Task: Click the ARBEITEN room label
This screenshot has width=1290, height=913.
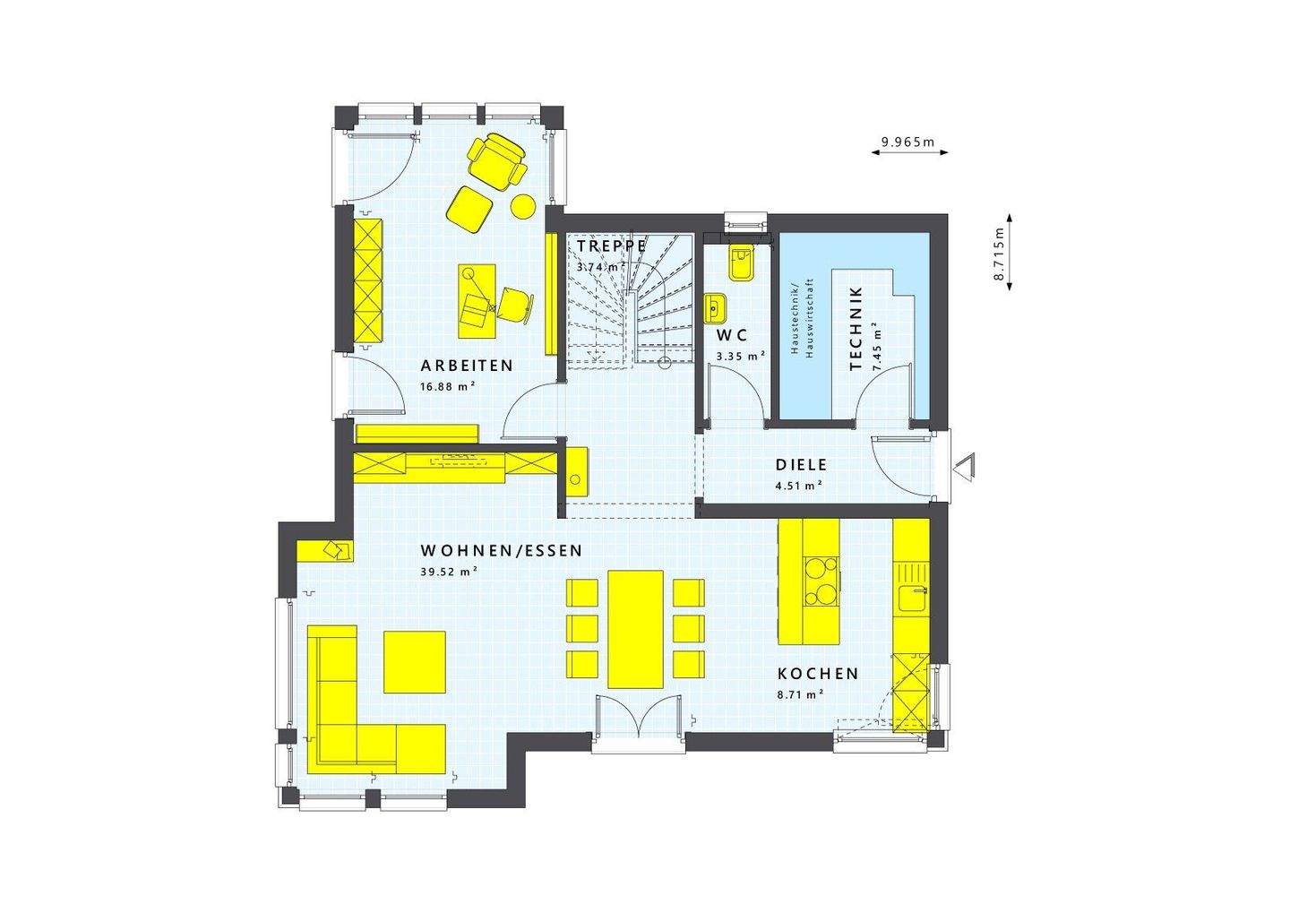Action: (x=468, y=366)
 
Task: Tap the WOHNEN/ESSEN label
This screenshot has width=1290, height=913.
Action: (x=502, y=550)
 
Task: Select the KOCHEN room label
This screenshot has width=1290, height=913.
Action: (x=818, y=674)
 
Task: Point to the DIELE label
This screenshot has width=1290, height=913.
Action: (x=801, y=465)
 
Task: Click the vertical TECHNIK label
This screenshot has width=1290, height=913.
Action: (x=855, y=329)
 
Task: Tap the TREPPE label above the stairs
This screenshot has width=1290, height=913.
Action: (x=612, y=245)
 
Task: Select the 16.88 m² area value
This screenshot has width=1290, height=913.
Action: (x=446, y=387)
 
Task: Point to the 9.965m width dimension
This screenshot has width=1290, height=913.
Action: (x=907, y=142)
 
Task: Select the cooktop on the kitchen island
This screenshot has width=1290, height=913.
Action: (x=822, y=581)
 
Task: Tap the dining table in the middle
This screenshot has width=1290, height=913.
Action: (x=636, y=628)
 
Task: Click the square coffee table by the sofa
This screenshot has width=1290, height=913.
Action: (x=415, y=661)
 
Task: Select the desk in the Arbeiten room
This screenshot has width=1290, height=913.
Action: (x=476, y=300)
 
